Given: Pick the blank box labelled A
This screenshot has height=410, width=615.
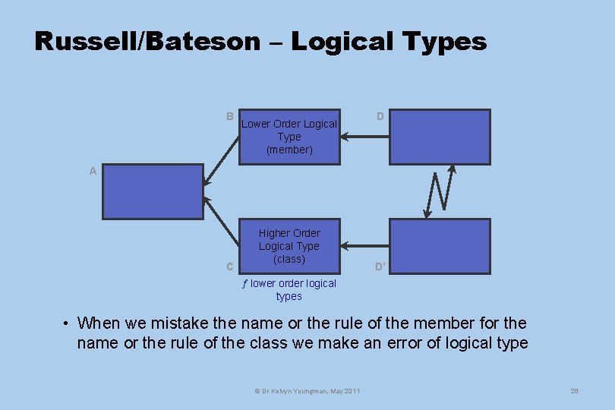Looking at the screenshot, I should (x=153, y=191).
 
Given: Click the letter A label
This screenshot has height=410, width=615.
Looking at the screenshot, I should (x=93, y=171).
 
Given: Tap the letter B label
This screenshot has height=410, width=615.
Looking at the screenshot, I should (x=229, y=116).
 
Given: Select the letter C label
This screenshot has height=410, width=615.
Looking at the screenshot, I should (x=229, y=266).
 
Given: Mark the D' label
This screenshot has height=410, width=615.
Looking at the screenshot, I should (x=380, y=266).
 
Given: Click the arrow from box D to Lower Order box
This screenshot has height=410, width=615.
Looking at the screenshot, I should (x=364, y=137).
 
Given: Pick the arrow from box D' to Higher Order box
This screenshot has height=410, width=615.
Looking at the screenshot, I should (x=364, y=246).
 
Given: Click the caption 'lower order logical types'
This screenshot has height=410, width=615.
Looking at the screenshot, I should (x=289, y=290).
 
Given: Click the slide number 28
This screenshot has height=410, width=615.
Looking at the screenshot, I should (x=574, y=390).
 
